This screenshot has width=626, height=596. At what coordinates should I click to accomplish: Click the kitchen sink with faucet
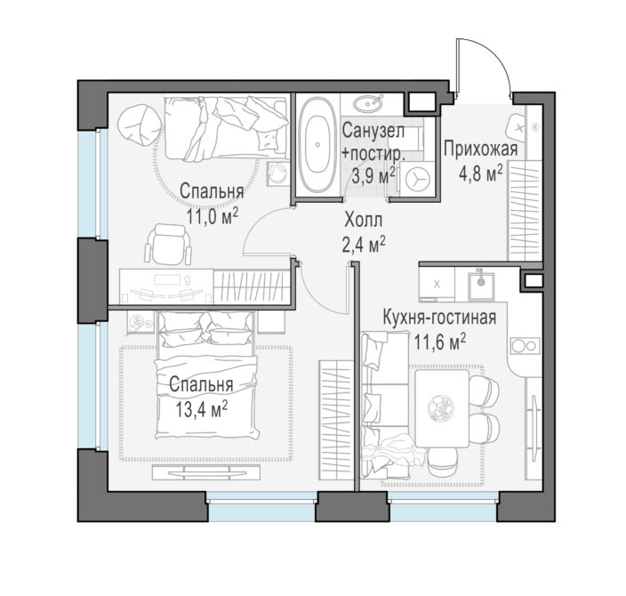[481, 286]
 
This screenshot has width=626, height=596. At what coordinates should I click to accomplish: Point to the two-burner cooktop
[525, 345]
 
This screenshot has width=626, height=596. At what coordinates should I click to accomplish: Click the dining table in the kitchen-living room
[442, 407]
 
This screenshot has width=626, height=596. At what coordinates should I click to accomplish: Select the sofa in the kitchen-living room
[384, 405]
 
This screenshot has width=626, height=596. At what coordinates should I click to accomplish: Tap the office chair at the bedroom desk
[168, 244]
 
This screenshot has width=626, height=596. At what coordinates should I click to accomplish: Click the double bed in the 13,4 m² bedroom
[207, 375]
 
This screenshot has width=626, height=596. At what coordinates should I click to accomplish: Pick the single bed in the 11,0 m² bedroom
[226, 128]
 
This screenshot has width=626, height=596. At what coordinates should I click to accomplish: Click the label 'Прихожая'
[481, 149]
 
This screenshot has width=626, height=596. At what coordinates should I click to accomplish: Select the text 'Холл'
[363, 220]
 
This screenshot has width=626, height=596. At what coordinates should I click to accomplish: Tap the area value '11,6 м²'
[439, 342]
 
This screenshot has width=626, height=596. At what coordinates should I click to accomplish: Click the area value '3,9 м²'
[373, 175]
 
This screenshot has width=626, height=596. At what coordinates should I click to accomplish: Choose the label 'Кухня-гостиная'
[439, 318]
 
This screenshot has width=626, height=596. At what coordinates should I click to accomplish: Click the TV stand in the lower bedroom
[206, 472]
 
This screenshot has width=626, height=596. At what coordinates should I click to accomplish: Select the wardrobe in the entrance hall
[525, 211]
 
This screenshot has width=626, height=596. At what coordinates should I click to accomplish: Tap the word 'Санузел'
[373, 131]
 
